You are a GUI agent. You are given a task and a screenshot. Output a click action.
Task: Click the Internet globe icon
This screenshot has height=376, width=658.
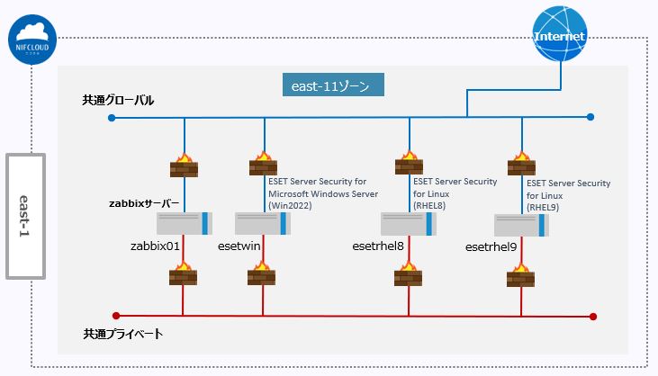coord(560,36)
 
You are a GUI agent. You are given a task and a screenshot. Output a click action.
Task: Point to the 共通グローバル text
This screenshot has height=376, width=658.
coord(118,100)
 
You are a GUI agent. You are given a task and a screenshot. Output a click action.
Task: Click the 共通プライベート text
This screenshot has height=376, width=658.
coord(123,334)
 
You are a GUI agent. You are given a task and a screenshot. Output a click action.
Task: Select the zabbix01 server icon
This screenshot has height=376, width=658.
coord(183,223)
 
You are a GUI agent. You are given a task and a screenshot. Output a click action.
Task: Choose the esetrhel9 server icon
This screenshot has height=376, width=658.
coord(522,225)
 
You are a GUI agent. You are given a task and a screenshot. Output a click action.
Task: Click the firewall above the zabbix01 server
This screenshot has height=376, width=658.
coord(183,166)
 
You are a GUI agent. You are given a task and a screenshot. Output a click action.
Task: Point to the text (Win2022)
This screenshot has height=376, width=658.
coord(293,206)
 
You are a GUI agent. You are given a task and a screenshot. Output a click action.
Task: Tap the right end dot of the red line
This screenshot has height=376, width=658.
coord(593,316)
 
